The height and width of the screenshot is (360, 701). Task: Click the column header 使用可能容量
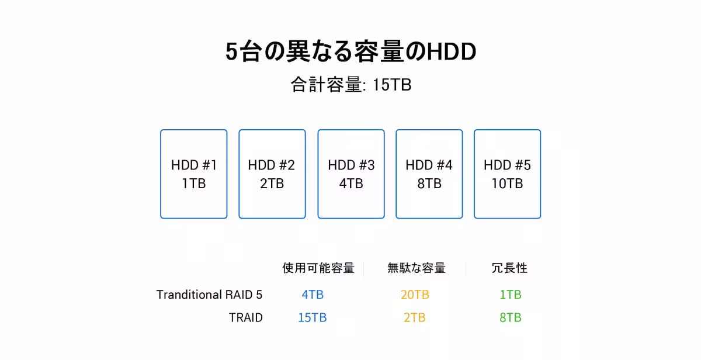(x=318, y=268)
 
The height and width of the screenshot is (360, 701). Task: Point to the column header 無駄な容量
(x=416, y=268)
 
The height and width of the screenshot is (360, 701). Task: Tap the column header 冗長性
(x=509, y=268)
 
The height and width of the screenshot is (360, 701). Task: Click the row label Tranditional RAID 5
(x=209, y=295)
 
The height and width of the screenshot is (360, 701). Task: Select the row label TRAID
(x=246, y=317)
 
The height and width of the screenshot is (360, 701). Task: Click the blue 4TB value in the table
(x=313, y=295)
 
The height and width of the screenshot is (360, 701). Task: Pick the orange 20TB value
(x=415, y=295)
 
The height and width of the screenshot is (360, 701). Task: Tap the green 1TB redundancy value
(x=511, y=295)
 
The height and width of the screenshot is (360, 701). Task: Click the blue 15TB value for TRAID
(x=313, y=317)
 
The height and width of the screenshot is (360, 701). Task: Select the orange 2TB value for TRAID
(x=415, y=317)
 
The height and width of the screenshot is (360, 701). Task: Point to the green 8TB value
(x=511, y=317)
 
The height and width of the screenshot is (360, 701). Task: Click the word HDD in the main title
(x=452, y=51)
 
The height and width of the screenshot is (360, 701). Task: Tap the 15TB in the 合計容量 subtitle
(x=392, y=85)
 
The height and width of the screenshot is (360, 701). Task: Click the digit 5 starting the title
(x=231, y=51)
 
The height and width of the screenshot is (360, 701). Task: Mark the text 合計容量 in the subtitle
(x=327, y=85)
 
